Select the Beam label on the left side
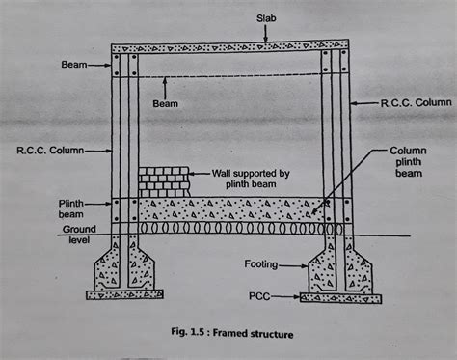point(72,68)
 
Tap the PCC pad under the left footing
point(123,293)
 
